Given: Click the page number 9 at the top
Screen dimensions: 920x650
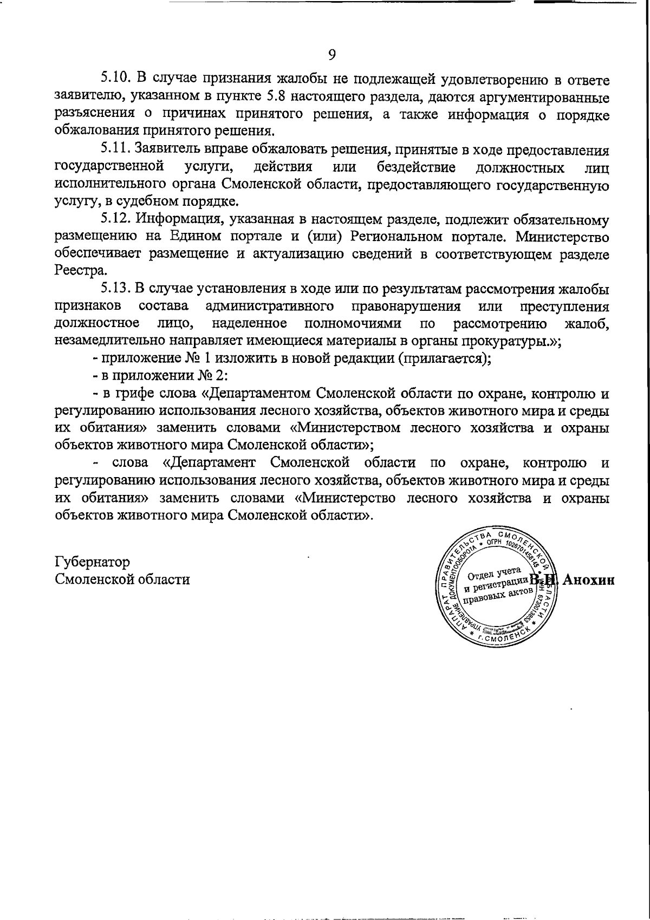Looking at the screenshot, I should coord(332,54).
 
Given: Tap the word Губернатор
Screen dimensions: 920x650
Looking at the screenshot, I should coord(93,562).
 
